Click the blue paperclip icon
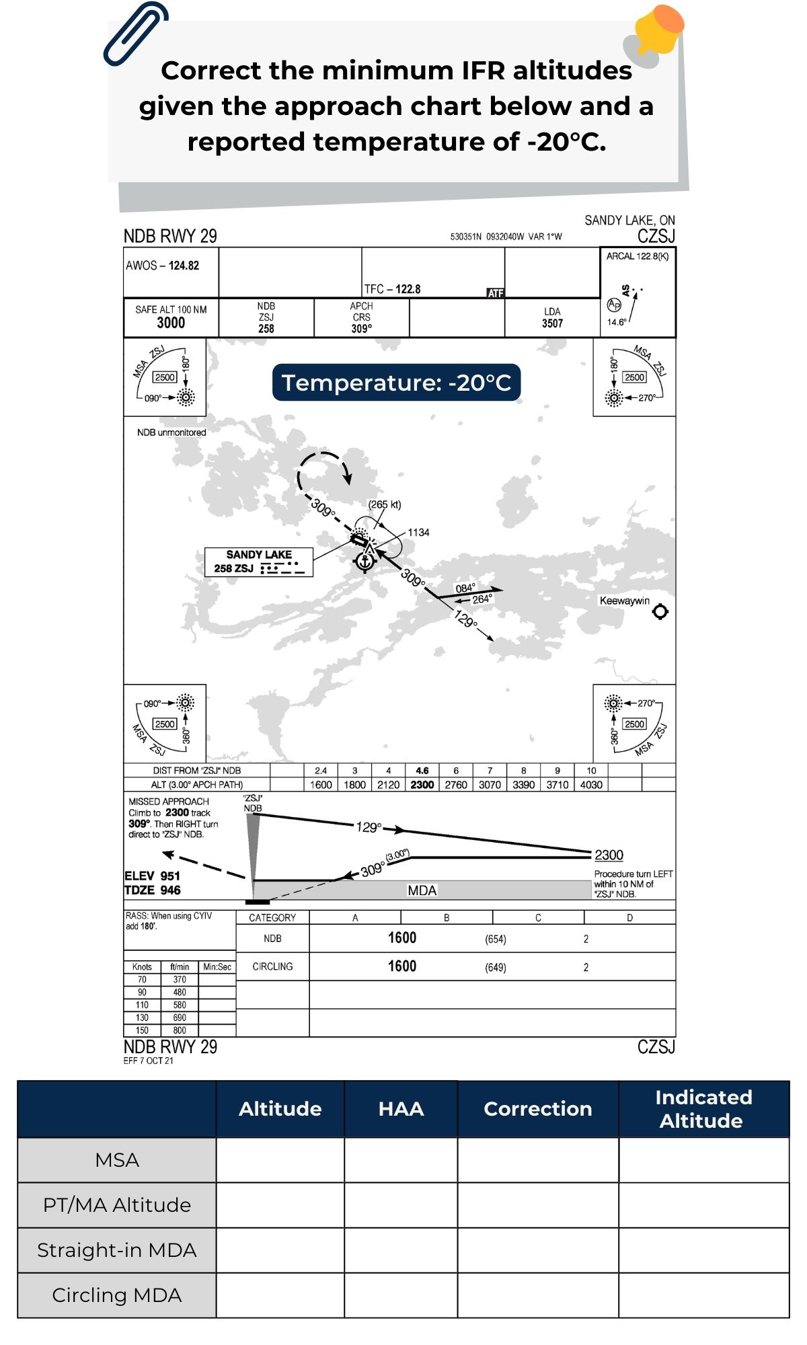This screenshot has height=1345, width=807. pos(134,34)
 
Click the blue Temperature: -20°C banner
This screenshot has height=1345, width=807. pos(396,383)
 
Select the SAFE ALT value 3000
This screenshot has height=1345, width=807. pos(171,323)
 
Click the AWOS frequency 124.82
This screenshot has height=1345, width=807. pos(184,266)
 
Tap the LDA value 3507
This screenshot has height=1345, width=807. pos(552,323)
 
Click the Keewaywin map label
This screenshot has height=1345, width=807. pos(625,601)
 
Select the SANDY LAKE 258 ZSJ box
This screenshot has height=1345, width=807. pos(259,562)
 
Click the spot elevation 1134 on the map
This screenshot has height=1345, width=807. pos(418,533)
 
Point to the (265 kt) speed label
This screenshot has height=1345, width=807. pos(385,504)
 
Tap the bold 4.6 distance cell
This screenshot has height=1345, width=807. pos(422,771)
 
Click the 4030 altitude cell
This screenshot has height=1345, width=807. pos(591,785)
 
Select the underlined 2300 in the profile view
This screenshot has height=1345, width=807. pos(609,855)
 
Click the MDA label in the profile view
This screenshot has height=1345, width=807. pos(422,890)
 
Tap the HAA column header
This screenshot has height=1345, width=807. pos(401,1109)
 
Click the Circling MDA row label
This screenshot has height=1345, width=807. pos(117,1295)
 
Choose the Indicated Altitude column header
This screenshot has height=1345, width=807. pos(703,1109)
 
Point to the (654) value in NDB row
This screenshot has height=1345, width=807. pos(496,939)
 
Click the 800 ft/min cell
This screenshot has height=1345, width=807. pos(180,1030)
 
